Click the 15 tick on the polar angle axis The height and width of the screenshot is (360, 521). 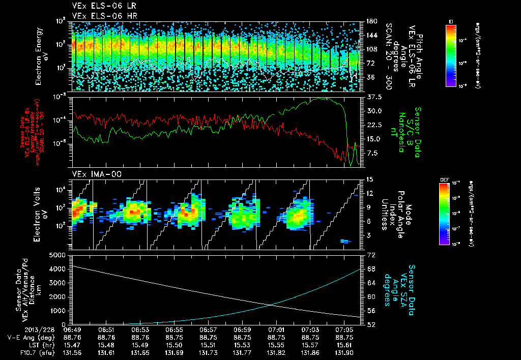[x=369, y=179]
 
